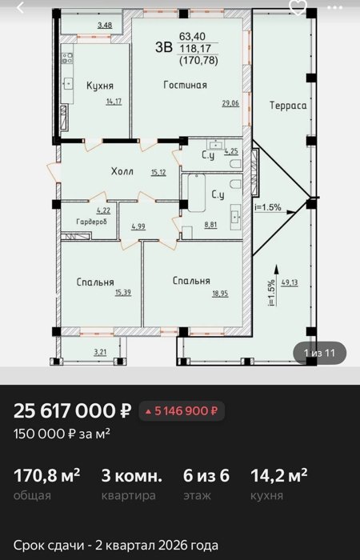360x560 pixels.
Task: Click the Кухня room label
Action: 100,86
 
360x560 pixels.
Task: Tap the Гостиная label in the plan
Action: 186,85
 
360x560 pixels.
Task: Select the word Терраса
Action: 288,106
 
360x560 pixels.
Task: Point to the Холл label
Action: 122,171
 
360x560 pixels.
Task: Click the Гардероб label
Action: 91,222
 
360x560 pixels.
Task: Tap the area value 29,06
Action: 230,103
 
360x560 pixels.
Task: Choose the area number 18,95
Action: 220,294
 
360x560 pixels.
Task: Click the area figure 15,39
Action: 123,293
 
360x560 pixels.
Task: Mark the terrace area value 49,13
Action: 290,282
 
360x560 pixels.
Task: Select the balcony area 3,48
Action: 104,25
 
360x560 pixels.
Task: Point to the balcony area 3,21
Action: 101,353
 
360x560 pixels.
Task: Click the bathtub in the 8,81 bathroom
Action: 197,193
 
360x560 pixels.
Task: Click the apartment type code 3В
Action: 164,47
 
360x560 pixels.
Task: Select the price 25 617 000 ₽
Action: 73,411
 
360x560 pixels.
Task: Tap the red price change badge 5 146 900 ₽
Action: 182,411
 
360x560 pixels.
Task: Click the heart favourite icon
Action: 298,7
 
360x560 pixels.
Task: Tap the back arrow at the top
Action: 20,7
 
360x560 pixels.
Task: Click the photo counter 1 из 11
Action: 320,353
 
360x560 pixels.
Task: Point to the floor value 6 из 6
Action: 206,476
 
